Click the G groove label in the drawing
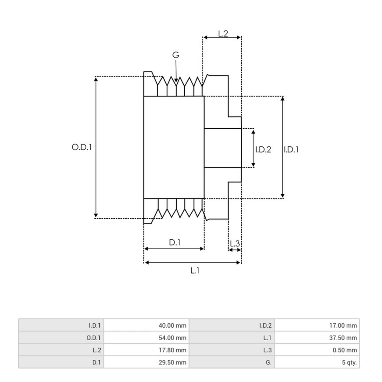pos(176,55)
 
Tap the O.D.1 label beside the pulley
pos(81,147)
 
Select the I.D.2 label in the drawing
pos(263,149)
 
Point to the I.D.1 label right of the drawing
pos(291,149)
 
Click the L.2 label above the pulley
pos(223,33)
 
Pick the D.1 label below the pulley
pos(175,243)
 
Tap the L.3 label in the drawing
pos(235,244)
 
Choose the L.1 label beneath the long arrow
pos(195,271)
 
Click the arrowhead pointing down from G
pos(176,83)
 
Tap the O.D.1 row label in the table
pos(94,338)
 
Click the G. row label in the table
pos(268,362)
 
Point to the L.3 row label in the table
pos(267,350)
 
